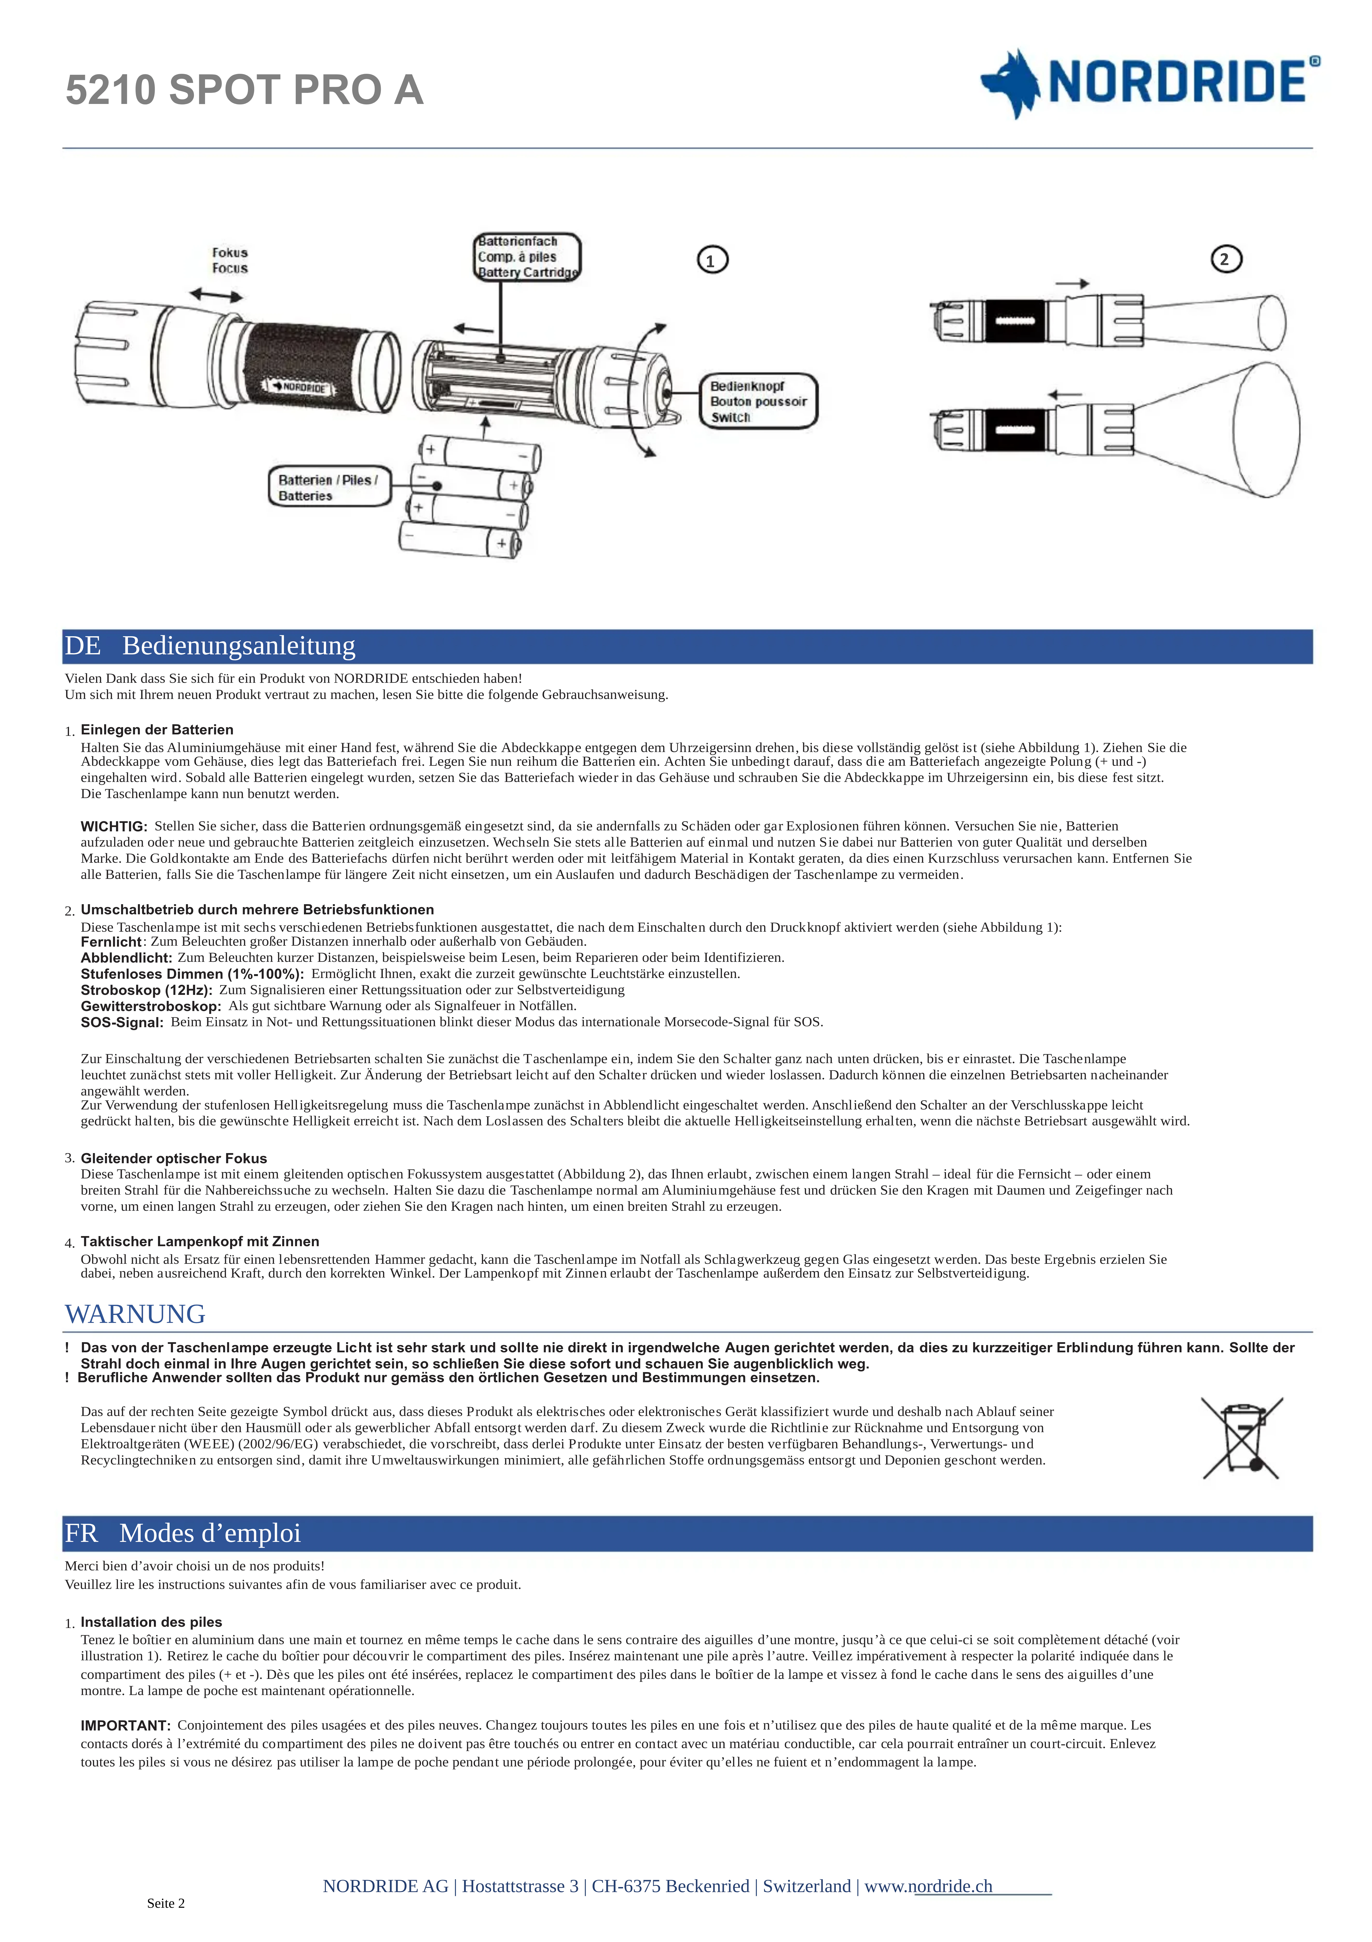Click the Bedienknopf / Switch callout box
click(758, 402)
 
